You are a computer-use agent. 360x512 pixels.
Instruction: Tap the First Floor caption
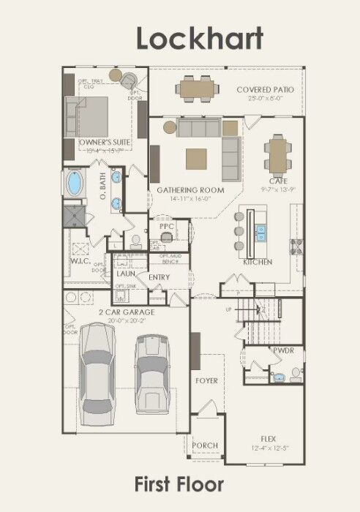coord(179,483)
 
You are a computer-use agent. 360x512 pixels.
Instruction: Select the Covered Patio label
coord(265,89)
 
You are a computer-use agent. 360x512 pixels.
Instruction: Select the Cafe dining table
coord(278,154)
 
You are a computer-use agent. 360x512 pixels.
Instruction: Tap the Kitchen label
coord(258,262)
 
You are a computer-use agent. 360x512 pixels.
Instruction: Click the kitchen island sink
coord(261,233)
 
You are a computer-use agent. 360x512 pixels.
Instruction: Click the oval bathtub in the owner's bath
coord(75,183)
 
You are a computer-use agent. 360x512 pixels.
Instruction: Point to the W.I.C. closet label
coord(80,260)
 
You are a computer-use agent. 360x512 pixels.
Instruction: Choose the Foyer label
coord(206,381)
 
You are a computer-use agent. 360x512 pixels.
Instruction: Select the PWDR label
coord(283,350)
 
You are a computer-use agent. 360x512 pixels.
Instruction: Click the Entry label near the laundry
coord(160,277)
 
